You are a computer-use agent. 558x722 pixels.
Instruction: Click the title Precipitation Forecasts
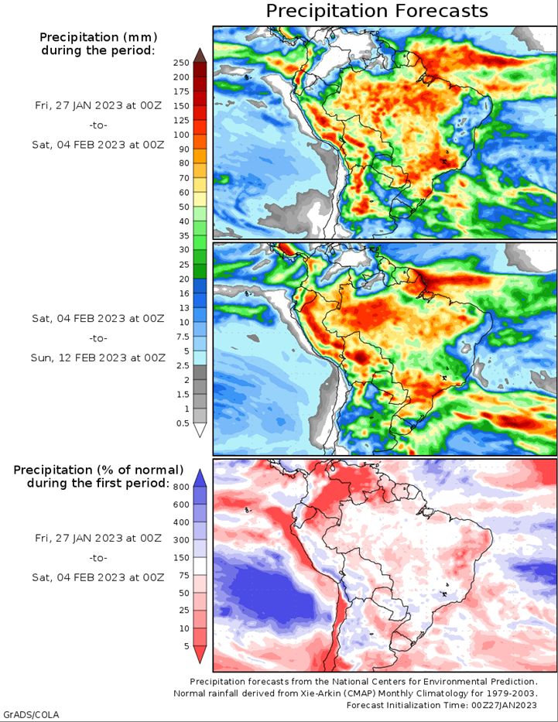[x=377, y=11]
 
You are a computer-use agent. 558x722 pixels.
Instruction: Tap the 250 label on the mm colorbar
[x=181, y=63]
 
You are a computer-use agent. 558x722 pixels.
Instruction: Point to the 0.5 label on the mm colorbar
[x=183, y=423]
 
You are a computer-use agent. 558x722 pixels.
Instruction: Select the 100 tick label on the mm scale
[x=181, y=135]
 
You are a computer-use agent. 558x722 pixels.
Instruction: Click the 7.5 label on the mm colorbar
[x=183, y=337]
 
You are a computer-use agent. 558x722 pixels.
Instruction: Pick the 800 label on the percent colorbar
[x=181, y=488]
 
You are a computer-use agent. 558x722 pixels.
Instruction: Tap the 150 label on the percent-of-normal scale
[x=181, y=558]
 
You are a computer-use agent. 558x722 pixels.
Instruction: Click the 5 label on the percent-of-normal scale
[x=187, y=646]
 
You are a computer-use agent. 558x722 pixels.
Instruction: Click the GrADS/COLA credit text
[x=31, y=714]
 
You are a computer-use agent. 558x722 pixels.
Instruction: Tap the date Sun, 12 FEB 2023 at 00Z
[x=98, y=358]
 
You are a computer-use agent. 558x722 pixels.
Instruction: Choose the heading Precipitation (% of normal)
[x=98, y=470]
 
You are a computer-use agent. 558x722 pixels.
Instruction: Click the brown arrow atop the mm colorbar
[x=200, y=55]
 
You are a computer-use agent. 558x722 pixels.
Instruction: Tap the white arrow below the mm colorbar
[x=200, y=430]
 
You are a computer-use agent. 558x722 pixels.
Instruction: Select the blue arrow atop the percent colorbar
[x=200, y=478]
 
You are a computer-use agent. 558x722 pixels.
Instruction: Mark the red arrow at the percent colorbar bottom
[x=200, y=655]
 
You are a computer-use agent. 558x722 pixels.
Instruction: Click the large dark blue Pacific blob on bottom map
[x=272, y=594]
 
